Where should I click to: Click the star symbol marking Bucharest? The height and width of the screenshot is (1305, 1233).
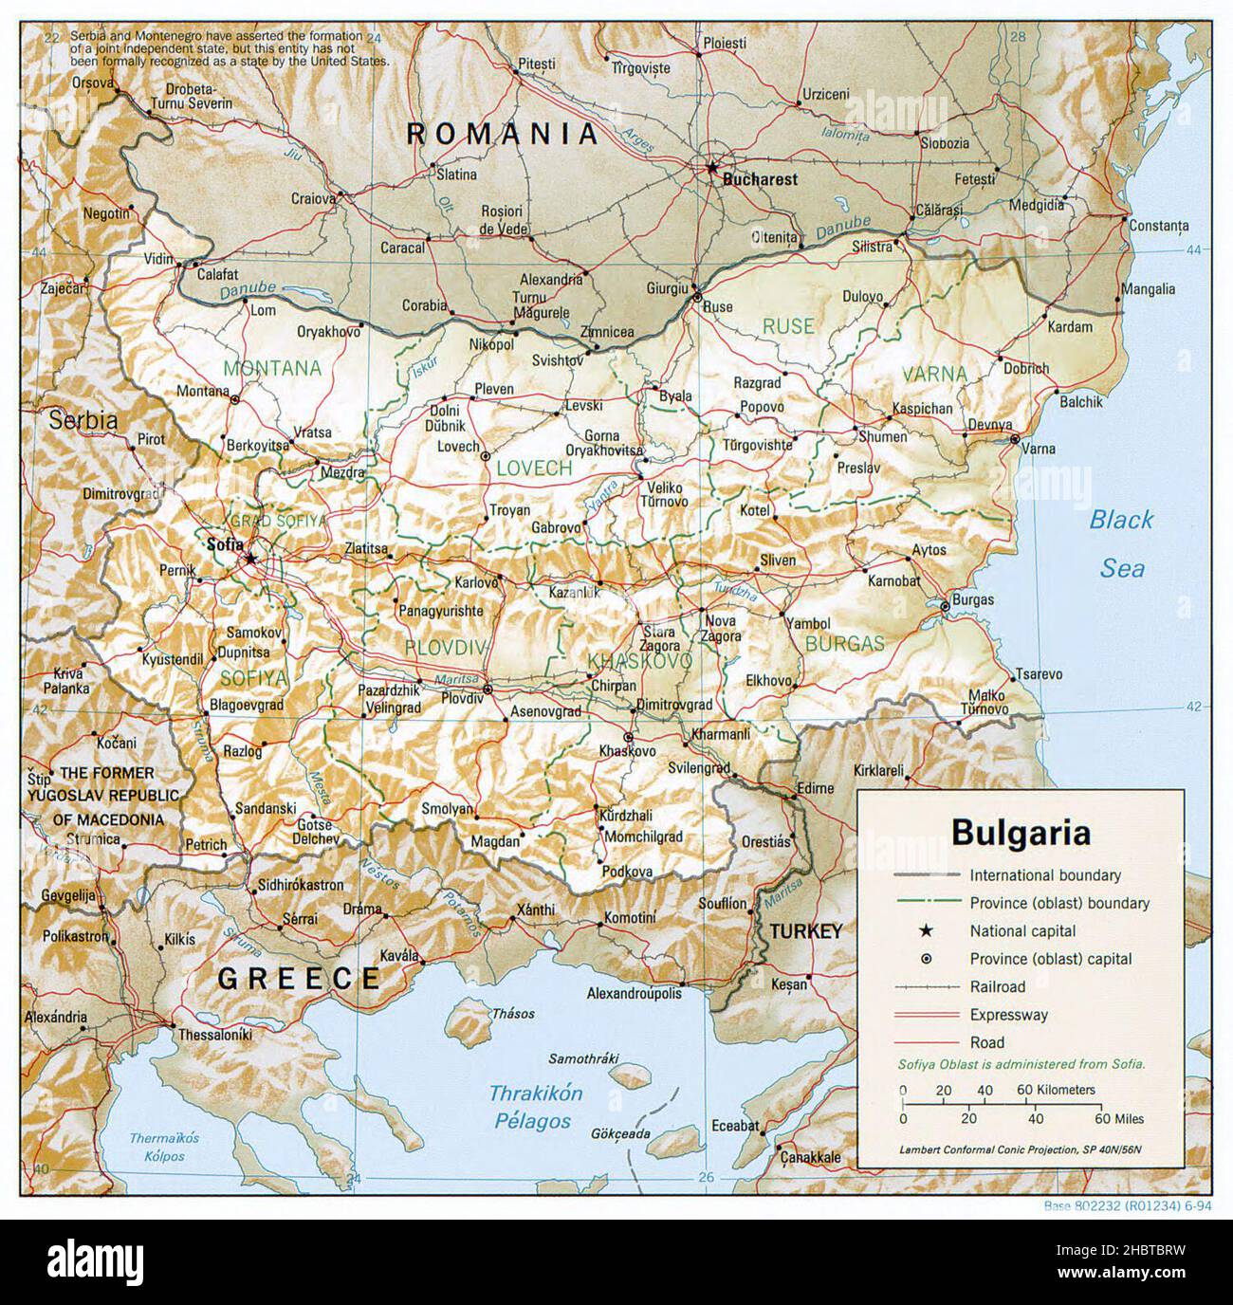(712, 167)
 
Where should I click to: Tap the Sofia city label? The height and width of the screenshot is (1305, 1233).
(224, 544)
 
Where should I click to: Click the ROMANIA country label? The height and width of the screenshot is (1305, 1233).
(503, 134)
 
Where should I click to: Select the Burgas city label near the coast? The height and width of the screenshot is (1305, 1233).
(974, 599)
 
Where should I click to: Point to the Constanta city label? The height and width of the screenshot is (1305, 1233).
(1158, 226)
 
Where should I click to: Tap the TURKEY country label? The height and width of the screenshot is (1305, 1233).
(805, 931)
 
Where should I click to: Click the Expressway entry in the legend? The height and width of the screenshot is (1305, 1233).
(1008, 1015)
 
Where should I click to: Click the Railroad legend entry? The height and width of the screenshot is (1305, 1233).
(998, 986)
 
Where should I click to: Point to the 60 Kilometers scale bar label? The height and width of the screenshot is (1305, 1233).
(1056, 1090)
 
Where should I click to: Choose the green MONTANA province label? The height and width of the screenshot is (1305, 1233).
(271, 368)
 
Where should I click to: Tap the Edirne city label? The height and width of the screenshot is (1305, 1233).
(816, 788)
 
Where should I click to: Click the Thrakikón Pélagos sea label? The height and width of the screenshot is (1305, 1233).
(536, 1107)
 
